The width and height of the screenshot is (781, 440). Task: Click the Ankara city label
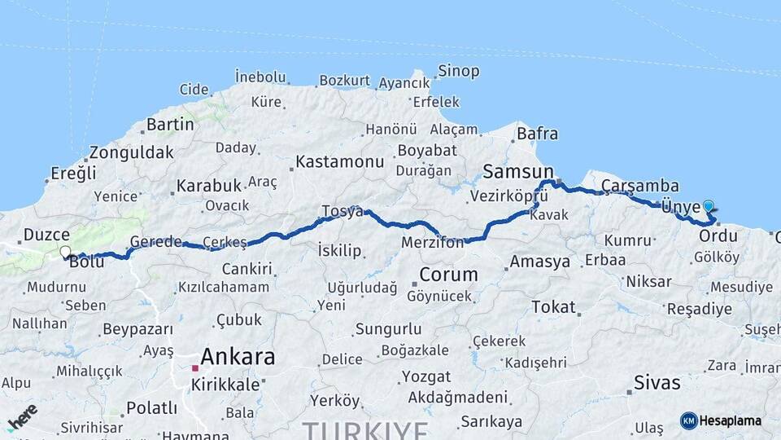(238, 357)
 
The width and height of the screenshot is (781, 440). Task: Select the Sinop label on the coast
(459, 71)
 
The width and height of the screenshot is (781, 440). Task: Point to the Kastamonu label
(339, 161)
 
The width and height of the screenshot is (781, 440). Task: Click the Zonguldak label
(131, 152)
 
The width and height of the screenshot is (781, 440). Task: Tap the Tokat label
(553, 307)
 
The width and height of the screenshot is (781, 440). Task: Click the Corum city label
(447, 274)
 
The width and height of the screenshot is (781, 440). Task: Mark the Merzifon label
(433, 243)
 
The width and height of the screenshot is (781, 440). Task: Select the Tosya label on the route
(342, 211)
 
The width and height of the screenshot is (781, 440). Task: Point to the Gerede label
(155, 242)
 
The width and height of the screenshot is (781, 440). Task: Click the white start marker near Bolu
(65, 252)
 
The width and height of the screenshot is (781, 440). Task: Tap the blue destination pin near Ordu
(709, 207)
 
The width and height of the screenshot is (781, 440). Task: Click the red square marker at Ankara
(195, 368)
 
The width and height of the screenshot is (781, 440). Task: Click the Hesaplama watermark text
(730, 420)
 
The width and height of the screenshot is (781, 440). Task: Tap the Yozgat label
(425, 377)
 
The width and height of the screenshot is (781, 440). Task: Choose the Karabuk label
(209, 186)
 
